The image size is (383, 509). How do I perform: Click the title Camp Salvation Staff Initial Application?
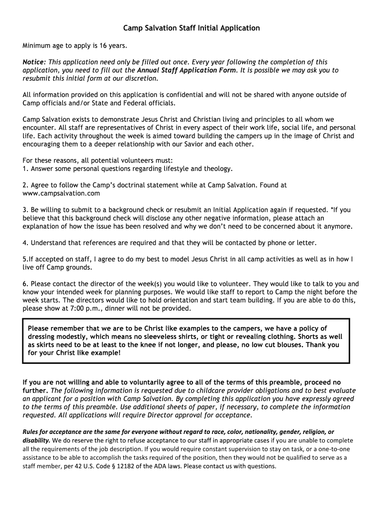point(191,28)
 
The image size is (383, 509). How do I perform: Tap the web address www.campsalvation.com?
point(62,193)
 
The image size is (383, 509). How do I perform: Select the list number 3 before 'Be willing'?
point(24,210)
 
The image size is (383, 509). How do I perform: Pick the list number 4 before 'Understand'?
point(24,243)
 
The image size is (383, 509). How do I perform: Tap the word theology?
point(218,169)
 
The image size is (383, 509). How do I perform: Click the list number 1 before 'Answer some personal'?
point(24,169)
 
